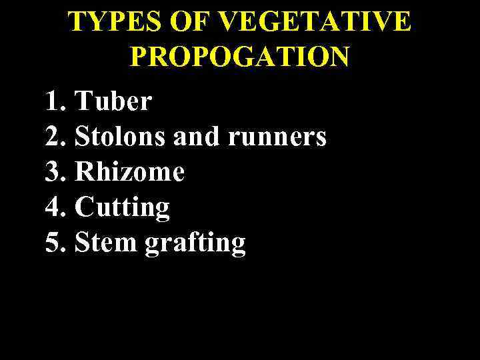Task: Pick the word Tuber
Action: (113, 102)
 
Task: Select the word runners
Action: (277, 138)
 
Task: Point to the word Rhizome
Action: (129, 173)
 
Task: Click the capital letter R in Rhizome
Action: (84, 173)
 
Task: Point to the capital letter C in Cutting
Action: (84, 208)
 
